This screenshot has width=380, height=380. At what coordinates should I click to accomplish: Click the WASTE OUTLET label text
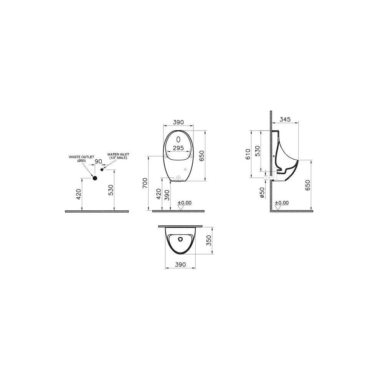click(x=81, y=157)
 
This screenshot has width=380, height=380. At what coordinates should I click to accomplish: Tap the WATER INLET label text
click(x=118, y=154)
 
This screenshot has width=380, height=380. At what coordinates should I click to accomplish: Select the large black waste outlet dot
click(x=95, y=178)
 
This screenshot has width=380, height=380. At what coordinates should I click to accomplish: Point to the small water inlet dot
click(x=102, y=170)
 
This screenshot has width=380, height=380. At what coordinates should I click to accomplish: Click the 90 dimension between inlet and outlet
click(x=98, y=161)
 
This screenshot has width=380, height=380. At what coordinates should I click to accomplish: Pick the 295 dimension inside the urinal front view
click(x=178, y=148)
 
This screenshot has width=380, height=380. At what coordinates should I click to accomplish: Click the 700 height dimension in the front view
click(x=145, y=183)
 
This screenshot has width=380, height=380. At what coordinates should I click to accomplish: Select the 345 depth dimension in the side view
click(x=285, y=119)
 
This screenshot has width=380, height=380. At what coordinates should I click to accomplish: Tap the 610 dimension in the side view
click(x=248, y=154)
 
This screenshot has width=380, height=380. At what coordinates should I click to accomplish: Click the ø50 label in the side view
click(x=262, y=193)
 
